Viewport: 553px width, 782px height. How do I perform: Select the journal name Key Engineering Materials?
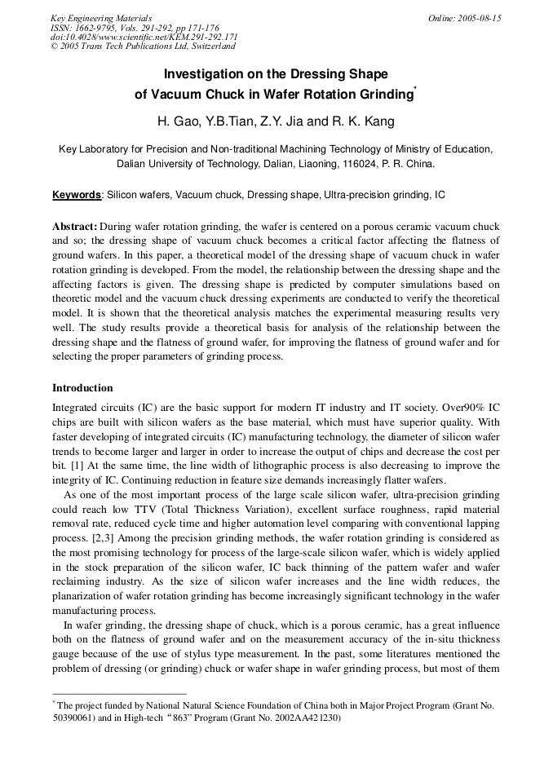click(x=101, y=18)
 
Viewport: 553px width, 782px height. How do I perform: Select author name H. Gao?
click(x=177, y=121)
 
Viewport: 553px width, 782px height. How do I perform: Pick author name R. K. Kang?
click(x=363, y=121)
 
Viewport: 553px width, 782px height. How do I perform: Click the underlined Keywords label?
click(x=77, y=196)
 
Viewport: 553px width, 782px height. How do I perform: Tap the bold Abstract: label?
click(x=75, y=226)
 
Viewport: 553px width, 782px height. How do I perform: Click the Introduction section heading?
click(x=82, y=388)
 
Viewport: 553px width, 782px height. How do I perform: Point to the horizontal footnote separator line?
click(x=119, y=694)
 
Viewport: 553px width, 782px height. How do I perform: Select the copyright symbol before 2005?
click(x=55, y=47)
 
